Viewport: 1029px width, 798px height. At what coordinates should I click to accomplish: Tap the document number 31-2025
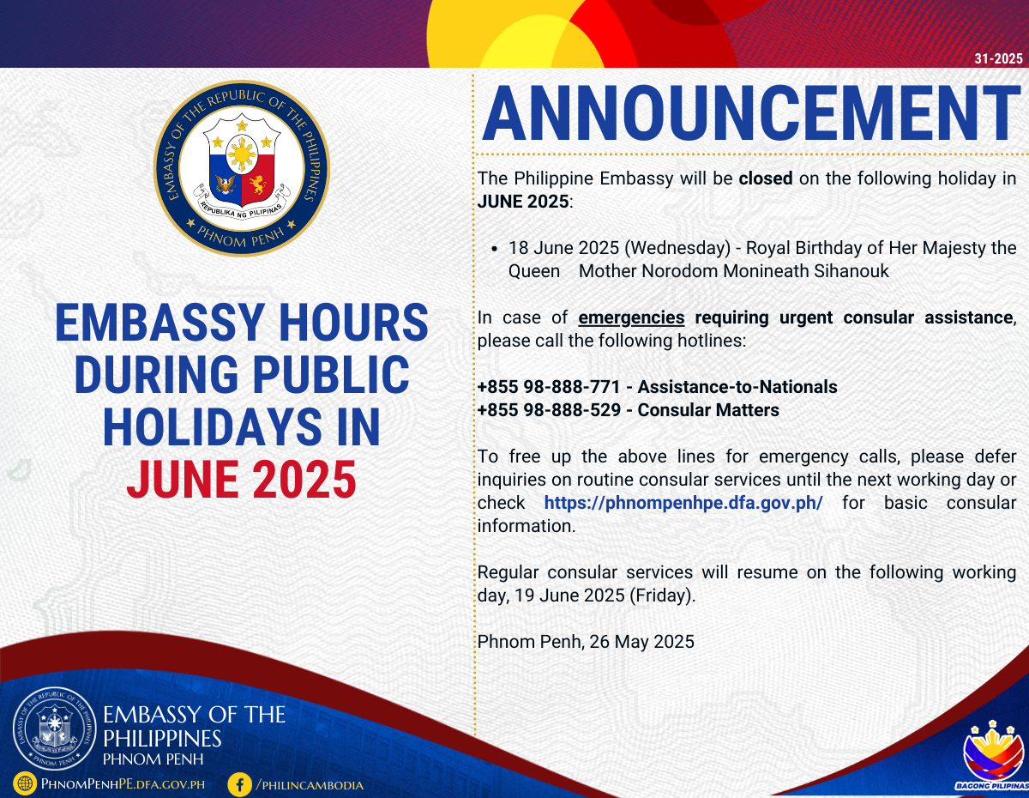[998, 58]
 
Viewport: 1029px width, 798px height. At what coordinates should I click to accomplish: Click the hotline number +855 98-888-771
[548, 387]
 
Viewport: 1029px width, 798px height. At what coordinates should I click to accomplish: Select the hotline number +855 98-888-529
[549, 410]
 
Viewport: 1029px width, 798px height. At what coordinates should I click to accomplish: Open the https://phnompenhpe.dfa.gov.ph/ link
[683, 503]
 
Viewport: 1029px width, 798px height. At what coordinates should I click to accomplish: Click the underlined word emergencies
[631, 317]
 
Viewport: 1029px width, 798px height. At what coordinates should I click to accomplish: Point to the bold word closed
[766, 178]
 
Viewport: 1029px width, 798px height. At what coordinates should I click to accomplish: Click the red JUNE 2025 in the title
[242, 480]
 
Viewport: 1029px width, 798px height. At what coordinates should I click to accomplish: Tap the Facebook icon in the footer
[239, 785]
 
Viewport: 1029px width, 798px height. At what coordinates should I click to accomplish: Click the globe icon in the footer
[25, 783]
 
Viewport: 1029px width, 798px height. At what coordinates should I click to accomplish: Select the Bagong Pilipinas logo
[993, 757]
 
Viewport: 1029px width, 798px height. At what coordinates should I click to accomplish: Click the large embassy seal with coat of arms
[242, 168]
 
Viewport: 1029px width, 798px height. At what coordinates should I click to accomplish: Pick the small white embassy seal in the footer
[55, 728]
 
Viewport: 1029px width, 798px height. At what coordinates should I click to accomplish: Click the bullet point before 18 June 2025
[495, 249]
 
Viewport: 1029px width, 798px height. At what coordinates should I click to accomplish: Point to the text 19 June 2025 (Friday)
[605, 595]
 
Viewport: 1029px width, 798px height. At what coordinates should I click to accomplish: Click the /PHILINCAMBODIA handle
[310, 785]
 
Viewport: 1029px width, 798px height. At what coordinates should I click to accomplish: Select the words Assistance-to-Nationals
[737, 387]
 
